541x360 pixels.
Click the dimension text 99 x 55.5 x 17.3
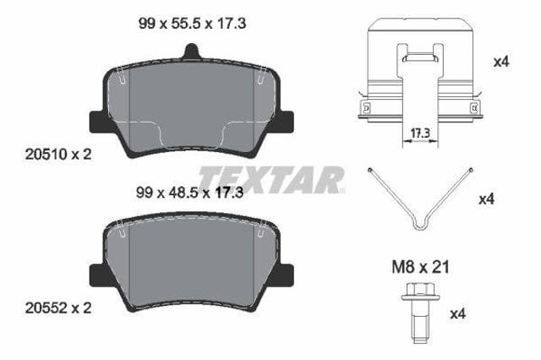point(192,24)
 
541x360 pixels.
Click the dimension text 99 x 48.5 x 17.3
point(189,193)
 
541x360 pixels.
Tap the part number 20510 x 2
point(58,154)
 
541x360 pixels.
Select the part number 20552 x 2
point(58,308)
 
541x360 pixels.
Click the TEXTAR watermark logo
point(271,179)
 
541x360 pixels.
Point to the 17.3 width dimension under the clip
point(420,134)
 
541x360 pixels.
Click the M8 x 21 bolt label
point(421,267)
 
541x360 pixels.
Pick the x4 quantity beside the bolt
point(458,314)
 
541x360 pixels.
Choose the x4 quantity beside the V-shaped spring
point(487,199)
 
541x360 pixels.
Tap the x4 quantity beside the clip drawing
point(501,62)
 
